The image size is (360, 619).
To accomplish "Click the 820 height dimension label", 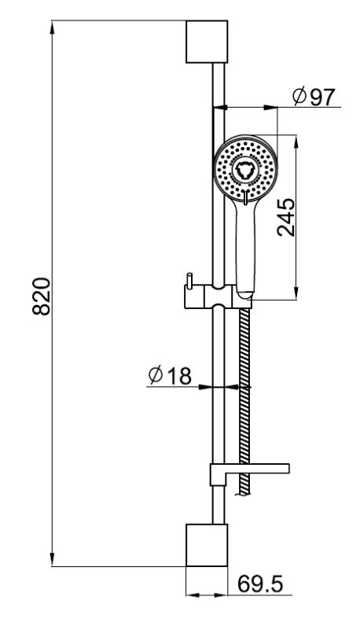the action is pyautogui.click(x=42, y=296).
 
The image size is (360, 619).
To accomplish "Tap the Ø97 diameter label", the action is pyautogui.click(x=314, y=97).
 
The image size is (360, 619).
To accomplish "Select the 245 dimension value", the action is pyautogui.click(x=286, y=217).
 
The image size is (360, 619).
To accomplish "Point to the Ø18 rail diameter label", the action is pyautogui.click(x=170, y=375).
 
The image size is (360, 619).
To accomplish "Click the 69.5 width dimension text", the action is pyautogui.click(x=260, y=584).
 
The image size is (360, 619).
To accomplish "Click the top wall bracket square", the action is pyautogui.click(x=207, y=42).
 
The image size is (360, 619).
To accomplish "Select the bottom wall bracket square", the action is pyautogui.click(x=207, y=545).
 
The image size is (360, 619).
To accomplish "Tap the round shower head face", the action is pyautogui.click(x=246, y=167).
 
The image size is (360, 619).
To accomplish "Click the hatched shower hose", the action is pyautogui.click(x=245, y=400).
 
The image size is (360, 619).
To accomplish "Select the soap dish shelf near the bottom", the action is pyautogui.click(x=250, y=473).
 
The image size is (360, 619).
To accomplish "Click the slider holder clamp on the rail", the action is pyautogui.click(x=218, y=297).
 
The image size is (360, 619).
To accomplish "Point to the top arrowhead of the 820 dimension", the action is pyautogui.click(x=52, y=28).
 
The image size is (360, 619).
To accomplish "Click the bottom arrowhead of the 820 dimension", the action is pyautogui.click(x=52, y=558).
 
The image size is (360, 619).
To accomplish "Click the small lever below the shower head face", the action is pyautogui.click(x=246, y=197).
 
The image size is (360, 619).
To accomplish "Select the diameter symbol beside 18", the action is pyautogui.click(x=156, y=375).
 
